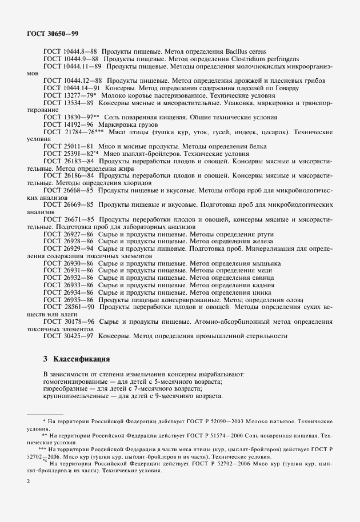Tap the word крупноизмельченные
coord(75,396)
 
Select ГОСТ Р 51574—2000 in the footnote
coord(207,435)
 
